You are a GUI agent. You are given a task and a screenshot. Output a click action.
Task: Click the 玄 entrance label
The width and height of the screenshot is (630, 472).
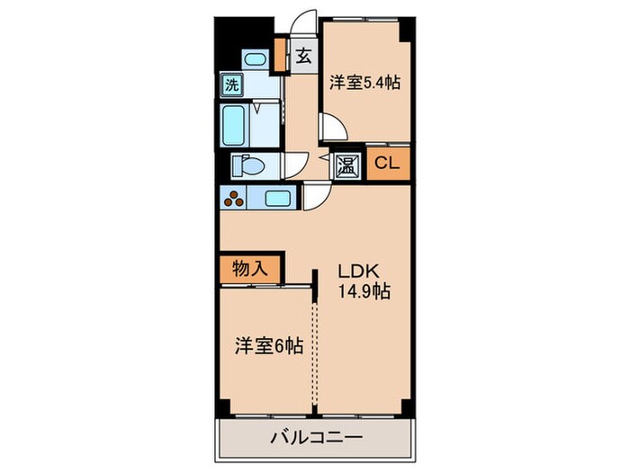[x=304, y=56]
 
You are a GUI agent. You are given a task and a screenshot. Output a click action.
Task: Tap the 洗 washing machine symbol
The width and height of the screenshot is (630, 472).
[x=232, y=86]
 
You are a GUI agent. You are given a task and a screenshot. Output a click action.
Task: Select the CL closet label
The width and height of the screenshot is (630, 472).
[x=388, y=164]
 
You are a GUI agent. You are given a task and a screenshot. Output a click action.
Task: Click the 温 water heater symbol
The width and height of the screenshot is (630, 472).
[x=347, y=165]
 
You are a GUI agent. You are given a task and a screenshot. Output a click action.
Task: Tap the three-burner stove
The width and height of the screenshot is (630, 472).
[x=236, y=199]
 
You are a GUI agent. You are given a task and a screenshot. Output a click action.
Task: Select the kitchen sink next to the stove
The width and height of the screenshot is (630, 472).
[x=277, y=199]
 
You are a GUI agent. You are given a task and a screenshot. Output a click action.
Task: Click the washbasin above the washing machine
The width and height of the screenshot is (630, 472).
[x=255, y=60]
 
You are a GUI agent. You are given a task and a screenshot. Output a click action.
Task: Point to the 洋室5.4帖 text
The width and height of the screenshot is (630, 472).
[x=364, y=82]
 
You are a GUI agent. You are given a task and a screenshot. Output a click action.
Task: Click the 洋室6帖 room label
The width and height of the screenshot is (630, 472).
[x=268, y=345]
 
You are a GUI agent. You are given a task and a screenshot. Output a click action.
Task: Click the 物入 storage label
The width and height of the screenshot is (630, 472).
[x=248, y=268]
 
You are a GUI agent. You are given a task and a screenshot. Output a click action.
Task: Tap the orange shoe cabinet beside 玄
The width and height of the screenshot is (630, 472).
[x=280, y=56]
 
